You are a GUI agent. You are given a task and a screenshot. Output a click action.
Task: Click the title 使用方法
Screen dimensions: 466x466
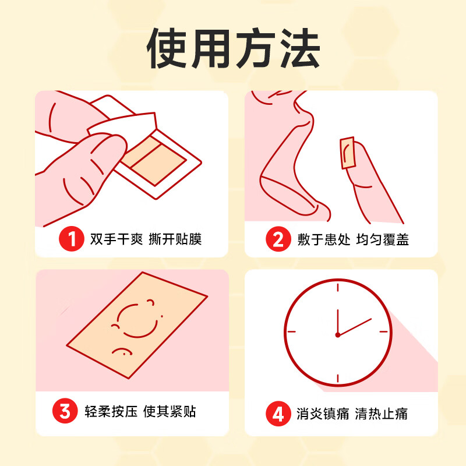(x=233, y=50)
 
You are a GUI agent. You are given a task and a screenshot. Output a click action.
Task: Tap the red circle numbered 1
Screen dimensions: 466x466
(x=72, y=239)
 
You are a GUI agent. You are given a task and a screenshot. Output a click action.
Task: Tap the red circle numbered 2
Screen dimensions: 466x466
(x=278, y=239)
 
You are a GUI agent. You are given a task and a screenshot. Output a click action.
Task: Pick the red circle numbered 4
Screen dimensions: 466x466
(x=278, y=414)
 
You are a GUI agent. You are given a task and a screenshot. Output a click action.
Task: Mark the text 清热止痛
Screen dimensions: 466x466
(x=383, y=414)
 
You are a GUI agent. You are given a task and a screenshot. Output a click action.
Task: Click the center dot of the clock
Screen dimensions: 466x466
(x=337, y=334)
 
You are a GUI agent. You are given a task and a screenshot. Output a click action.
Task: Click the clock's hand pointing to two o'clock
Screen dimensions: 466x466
(x=355, y=326)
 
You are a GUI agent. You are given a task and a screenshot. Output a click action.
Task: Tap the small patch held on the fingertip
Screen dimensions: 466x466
(x=348, y=152)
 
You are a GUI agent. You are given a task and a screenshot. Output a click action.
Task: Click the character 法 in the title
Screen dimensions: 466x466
(x=298, y=50)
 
